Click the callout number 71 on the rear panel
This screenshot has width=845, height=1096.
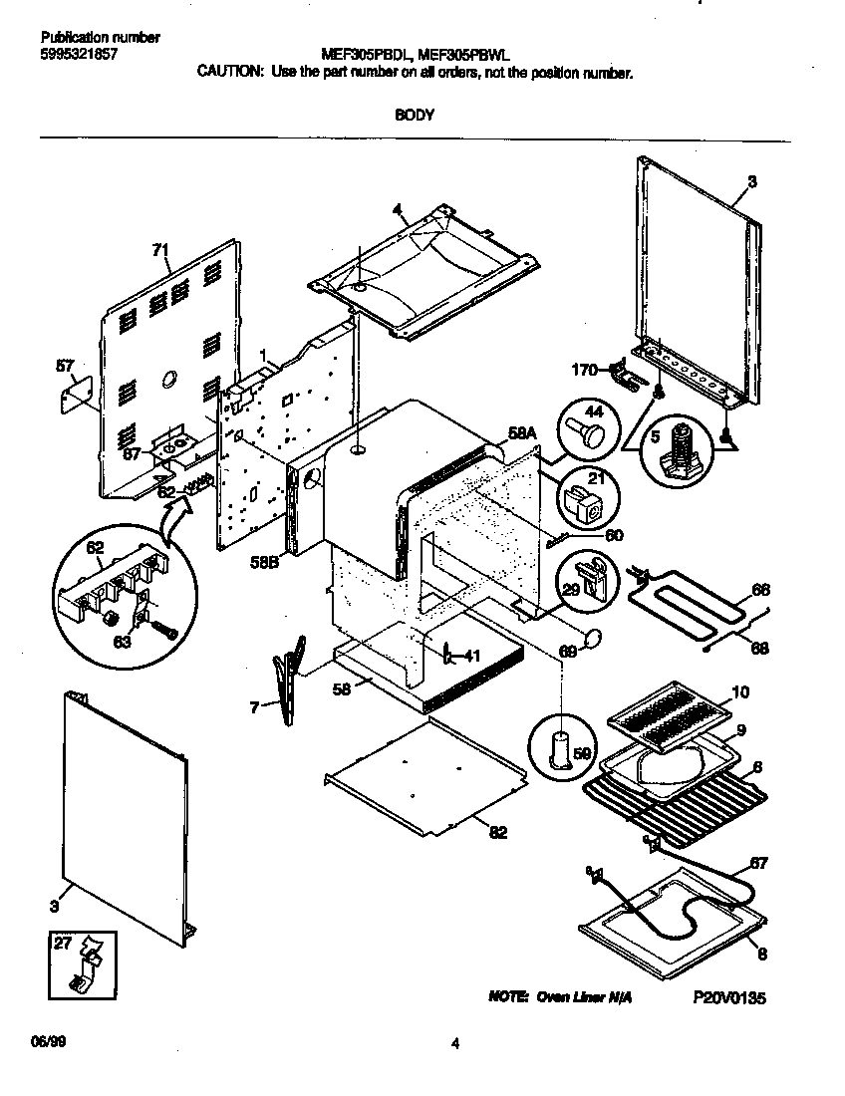coord(159,251)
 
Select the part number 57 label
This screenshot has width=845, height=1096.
coord(66,368)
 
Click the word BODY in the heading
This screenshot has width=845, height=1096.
coord(414,115)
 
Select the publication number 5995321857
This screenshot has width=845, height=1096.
coord(80,54)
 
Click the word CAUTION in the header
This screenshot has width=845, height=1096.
coord(230,73)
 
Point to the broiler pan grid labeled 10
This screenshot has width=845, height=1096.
coord(670,714)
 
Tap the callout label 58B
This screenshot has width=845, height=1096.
coord(264,562)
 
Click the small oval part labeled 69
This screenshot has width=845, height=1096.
coord(591,639)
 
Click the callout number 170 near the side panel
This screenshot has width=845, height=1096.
coord(585,370)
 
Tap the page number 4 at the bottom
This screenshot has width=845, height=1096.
coord(454,1044)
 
